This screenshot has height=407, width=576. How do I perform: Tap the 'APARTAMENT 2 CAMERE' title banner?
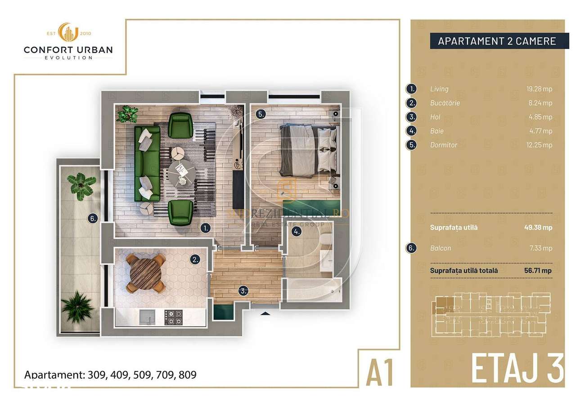pyautogui.click(x=497, y=41)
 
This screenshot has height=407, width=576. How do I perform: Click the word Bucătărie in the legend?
pyautogui.click(x=445, y=103)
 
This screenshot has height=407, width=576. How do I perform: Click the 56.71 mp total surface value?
pyautogui.click(x=539, y=271)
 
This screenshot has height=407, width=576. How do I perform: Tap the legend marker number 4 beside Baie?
pyautogui.click(x=411, y=131)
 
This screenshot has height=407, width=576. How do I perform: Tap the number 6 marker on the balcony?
pyautogui.click(x=93, y=219)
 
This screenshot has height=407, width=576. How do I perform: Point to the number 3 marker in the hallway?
pyautogui.click(x=243, y=291)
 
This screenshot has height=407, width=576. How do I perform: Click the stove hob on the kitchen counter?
pyautogui.click(x=174, y=317)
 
